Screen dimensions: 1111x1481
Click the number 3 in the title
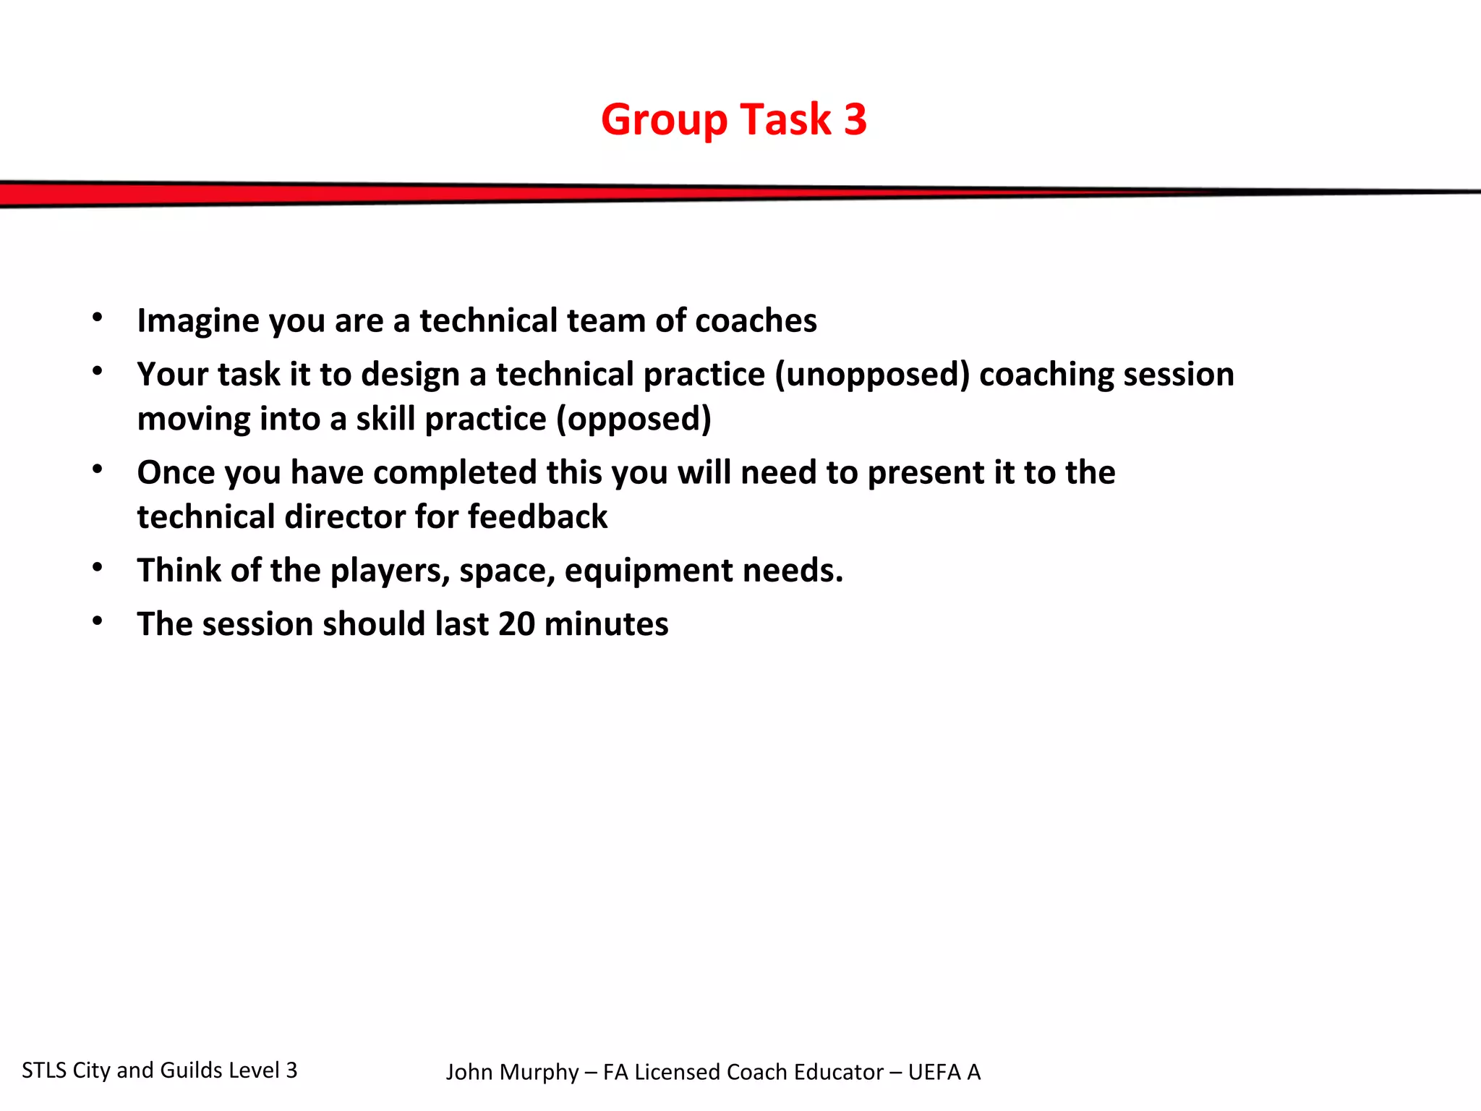tap(855, 119)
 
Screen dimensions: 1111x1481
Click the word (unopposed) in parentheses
tap(871, 375)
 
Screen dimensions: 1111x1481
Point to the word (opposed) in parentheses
tap(633, 420)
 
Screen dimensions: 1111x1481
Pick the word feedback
tap(537, 517)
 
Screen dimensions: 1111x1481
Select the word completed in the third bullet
tap(451, 472)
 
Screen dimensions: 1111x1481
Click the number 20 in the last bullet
tap(516, 624)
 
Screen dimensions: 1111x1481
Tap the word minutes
tap(606, 624)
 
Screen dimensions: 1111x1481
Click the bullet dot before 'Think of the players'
tap(98, 568)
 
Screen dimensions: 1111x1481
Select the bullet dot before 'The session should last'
tap(98, 621)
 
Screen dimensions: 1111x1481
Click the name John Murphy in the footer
tap(512, 1072)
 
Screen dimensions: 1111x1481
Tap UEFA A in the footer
tap(944, 1072)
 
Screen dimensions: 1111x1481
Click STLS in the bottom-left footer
tap(44, 1070)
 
